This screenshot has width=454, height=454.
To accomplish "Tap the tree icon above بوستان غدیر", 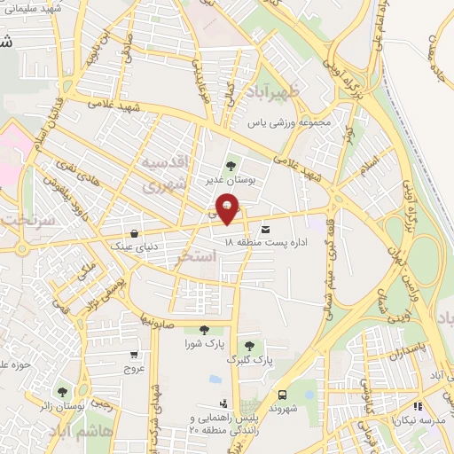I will [x=231, y=165].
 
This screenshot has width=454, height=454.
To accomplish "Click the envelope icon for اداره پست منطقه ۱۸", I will [x=265, y=230].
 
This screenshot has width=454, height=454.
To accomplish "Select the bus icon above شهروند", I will [x=282, y=395].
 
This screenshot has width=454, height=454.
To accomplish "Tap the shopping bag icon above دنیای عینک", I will [x=134, y=233].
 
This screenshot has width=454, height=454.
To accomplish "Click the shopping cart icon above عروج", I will [x=133, y=352].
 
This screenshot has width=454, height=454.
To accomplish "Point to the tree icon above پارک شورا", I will [x=205, y=330].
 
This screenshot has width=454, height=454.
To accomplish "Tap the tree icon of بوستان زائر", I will [x=62, y=391].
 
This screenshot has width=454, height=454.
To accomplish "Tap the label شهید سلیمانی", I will [x=32, y=10].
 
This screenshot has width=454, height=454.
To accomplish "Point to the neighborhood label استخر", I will [x=197, y=257].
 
